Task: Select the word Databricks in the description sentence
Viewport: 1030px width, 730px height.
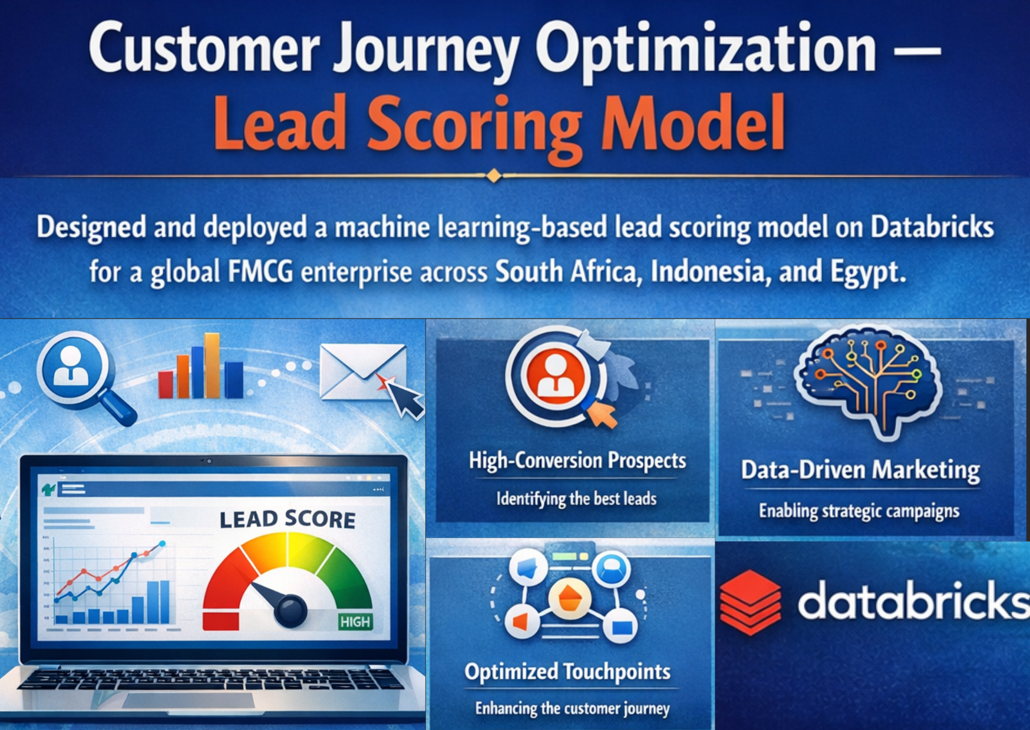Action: point(932,228)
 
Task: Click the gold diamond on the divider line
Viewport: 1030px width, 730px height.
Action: point(494,175)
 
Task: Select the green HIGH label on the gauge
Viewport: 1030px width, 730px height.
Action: point(355,622)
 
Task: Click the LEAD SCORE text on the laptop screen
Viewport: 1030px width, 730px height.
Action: point(287,519)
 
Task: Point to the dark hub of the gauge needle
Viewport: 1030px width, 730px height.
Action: point(290,610)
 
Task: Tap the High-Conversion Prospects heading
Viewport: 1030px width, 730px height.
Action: point(577,460)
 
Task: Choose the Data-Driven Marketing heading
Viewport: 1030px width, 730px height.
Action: point(860,470)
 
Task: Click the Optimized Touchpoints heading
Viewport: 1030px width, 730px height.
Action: point(567,672)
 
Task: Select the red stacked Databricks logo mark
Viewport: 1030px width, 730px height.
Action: point(750,602)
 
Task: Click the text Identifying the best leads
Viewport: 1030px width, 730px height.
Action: point(576,499)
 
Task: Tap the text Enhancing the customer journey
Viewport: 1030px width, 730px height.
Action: point(572,708)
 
